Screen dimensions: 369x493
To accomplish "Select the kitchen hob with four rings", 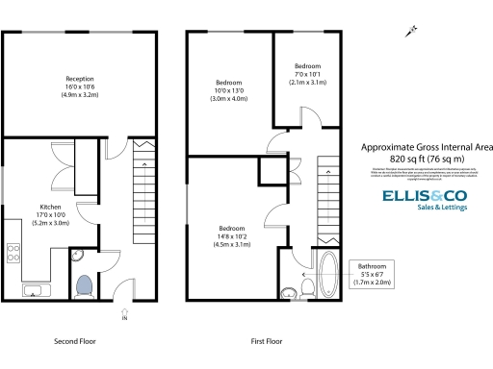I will [x=14, y=254].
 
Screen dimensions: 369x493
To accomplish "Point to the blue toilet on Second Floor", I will [x=83, y=285].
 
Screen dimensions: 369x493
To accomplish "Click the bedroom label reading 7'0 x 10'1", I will [x=308, y=74].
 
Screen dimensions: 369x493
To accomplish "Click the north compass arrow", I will [x=412, y=32].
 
